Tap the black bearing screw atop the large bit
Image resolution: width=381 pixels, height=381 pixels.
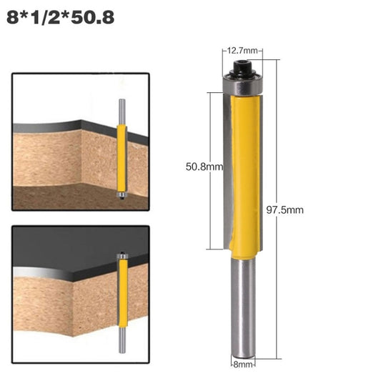point(242,70)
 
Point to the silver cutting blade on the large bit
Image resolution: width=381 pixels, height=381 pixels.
point(227,172)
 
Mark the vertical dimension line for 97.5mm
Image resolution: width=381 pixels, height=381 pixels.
point(276,207)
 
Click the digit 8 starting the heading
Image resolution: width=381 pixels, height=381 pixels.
point(11,15)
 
